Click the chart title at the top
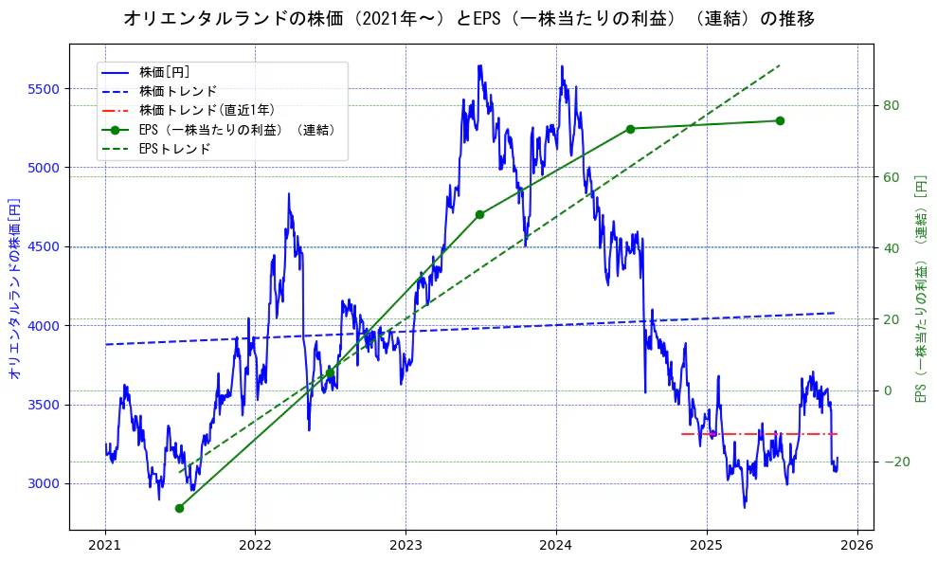[468, 18]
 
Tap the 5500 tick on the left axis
[44, 89]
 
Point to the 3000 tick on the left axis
[44, 483]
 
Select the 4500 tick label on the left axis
[44, 246]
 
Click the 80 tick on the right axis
[892, 105]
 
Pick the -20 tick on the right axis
[894, 462]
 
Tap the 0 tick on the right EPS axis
[888, 390]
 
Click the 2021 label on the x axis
[105, 546]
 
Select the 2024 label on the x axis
[556, 546]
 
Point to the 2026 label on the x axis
[856, 546]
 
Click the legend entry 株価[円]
[165, 72]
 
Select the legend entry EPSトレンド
[174, 149]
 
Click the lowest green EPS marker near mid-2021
[179, 508]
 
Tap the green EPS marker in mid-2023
[479, 214]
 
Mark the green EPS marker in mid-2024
[630, 129]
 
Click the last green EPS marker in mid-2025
[780, 120]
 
